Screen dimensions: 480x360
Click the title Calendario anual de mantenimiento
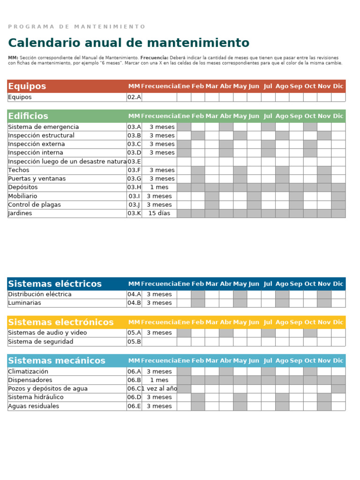point(128,43)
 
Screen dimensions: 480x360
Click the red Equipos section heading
point(27,86)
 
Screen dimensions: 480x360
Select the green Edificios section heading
point(28,116)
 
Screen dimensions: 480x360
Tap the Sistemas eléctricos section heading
point(55,284)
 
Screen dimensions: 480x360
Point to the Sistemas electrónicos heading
point(61,322)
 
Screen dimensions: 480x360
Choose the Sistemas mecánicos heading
point(57,360)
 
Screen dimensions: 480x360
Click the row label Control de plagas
point(34,205)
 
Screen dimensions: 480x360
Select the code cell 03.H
point(134,187)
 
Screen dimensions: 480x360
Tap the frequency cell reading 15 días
point(159,213)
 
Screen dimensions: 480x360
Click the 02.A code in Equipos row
point(134,97)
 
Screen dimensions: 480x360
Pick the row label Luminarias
point(24,303)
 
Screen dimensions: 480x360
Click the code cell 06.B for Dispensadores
point(134,380)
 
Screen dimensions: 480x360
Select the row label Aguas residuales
point(34,406)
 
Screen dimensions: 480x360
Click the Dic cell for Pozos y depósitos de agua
point(338,389)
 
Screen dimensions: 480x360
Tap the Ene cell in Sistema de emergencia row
point(184,127)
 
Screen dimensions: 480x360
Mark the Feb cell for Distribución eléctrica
point(198,294)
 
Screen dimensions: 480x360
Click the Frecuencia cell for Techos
point(159,170)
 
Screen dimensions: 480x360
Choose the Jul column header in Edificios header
point(268,116)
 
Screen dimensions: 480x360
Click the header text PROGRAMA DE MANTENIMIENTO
point(77,27)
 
